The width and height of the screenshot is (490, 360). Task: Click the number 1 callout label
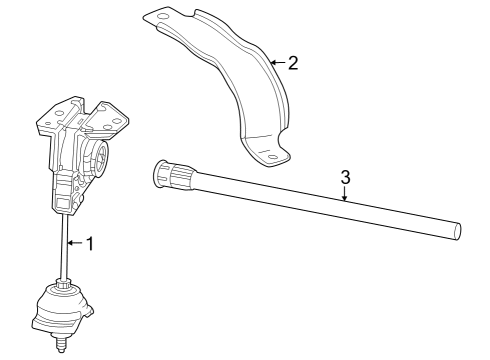89,243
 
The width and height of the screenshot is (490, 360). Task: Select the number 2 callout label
293,63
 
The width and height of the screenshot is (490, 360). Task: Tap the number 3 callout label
345,177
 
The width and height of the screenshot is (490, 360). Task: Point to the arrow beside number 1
74,243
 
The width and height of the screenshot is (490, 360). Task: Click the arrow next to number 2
277,63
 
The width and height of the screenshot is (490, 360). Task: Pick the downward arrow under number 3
345,194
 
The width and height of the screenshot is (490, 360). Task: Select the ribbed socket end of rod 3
183,181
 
